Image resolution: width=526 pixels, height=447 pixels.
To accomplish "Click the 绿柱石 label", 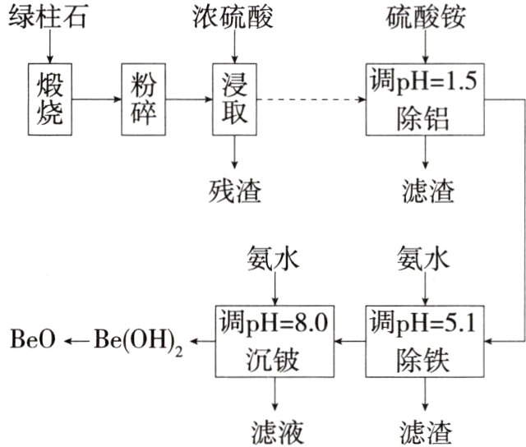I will pos(47,17).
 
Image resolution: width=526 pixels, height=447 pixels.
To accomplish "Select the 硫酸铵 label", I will pos(424,17).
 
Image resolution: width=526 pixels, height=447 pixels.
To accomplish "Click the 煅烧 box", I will pos(49,99).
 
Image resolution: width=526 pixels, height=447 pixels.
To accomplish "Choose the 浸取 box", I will pos(233,99).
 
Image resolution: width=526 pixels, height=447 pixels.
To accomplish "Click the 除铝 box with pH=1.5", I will pos(424,99).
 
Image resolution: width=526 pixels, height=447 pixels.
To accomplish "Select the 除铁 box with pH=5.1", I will pos(424,338).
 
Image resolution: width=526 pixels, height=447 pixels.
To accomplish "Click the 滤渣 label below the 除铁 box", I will pos(425,429).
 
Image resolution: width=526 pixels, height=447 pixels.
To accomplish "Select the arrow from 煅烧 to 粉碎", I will pos(97,99).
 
